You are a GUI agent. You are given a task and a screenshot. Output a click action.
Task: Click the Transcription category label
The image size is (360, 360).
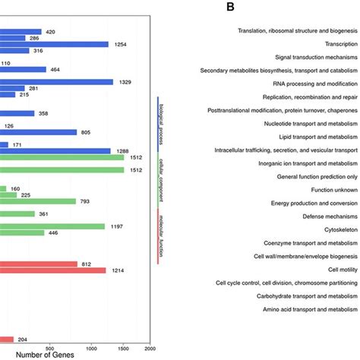(x=334, y=44)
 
